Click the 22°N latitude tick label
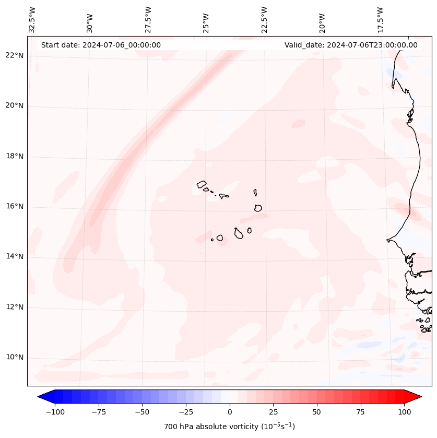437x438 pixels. click(15, 56)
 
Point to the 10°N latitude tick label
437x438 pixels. click(15, 358)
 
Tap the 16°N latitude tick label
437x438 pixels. click(15, 207)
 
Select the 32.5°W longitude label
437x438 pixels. click(32, 19)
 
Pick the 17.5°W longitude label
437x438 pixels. click(380, 19)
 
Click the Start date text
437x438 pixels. click(101, 45)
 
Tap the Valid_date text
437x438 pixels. click(351, 45)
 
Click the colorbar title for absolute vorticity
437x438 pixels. click(229, 427)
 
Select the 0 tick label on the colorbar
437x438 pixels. click(230, 412)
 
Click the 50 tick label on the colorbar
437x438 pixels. click(317, 412)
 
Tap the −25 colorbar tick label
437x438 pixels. click(186, 412)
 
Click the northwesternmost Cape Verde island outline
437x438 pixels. click(202, 184)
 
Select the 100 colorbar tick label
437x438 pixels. click(404, 412)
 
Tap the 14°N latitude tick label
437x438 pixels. click(15, 257)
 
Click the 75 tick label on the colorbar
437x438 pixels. click(360, 412)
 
